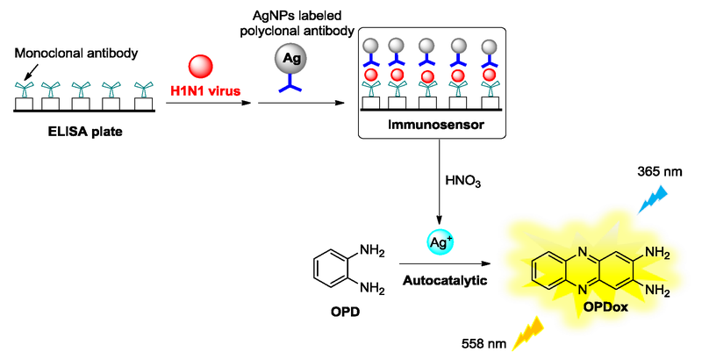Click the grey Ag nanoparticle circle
click(293, 59)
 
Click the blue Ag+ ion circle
click(440, 241)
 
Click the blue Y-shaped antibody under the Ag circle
click(293, 86)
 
